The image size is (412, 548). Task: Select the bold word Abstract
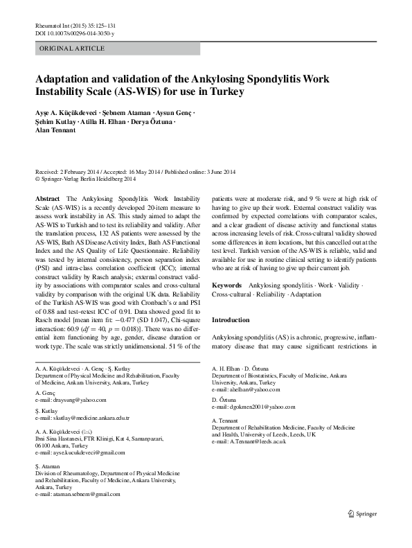pyautogui.click(x=46, y=198)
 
